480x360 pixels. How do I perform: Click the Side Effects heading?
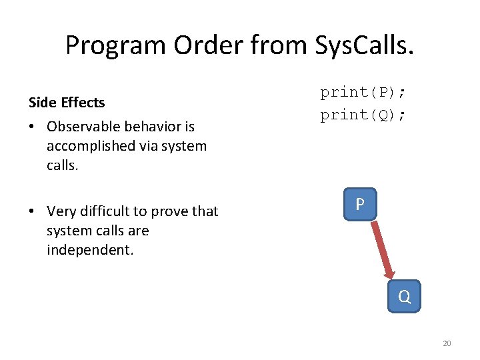coord(67,103)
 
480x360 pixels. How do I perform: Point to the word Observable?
coord(83,126)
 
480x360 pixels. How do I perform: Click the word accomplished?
coord(91,146)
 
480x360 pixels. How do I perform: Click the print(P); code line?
coord(363,92)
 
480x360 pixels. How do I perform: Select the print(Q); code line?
coord(363,115)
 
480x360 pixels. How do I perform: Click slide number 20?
coord(447,343)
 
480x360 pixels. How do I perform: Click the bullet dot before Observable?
coord(32,127)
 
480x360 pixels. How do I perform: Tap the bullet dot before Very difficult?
coord(32,212)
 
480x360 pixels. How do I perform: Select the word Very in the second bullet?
coord(61,211)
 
